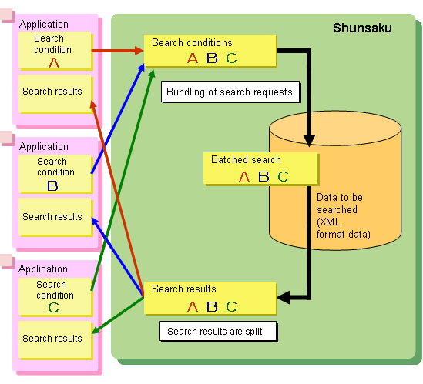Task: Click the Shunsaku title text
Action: (x=362, y=28)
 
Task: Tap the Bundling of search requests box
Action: (x=230, y=92)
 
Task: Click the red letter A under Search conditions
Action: (x=193, y=58)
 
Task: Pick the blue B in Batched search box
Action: (x=264, y=176)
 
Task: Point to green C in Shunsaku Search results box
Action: (x=231, y=306)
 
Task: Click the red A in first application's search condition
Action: (x=54, y=62)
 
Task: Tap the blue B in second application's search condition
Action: (x=52, y=185)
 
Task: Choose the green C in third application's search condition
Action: (x=53, y=308)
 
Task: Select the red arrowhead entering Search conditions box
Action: (x=139, y=50)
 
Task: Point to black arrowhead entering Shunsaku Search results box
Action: (x=284, y=297)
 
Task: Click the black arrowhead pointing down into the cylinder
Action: (x=309, y=141)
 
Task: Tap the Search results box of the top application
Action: (x=55, y=93)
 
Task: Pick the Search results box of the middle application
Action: (x=55, y=217)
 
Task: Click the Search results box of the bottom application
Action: (x=55, y=340)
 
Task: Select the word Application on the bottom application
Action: (x=43, y=269)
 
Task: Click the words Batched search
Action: (x=246, y=159)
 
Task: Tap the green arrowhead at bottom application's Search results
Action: (x=96, y=330)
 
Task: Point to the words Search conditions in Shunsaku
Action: (x=192, y=42)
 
